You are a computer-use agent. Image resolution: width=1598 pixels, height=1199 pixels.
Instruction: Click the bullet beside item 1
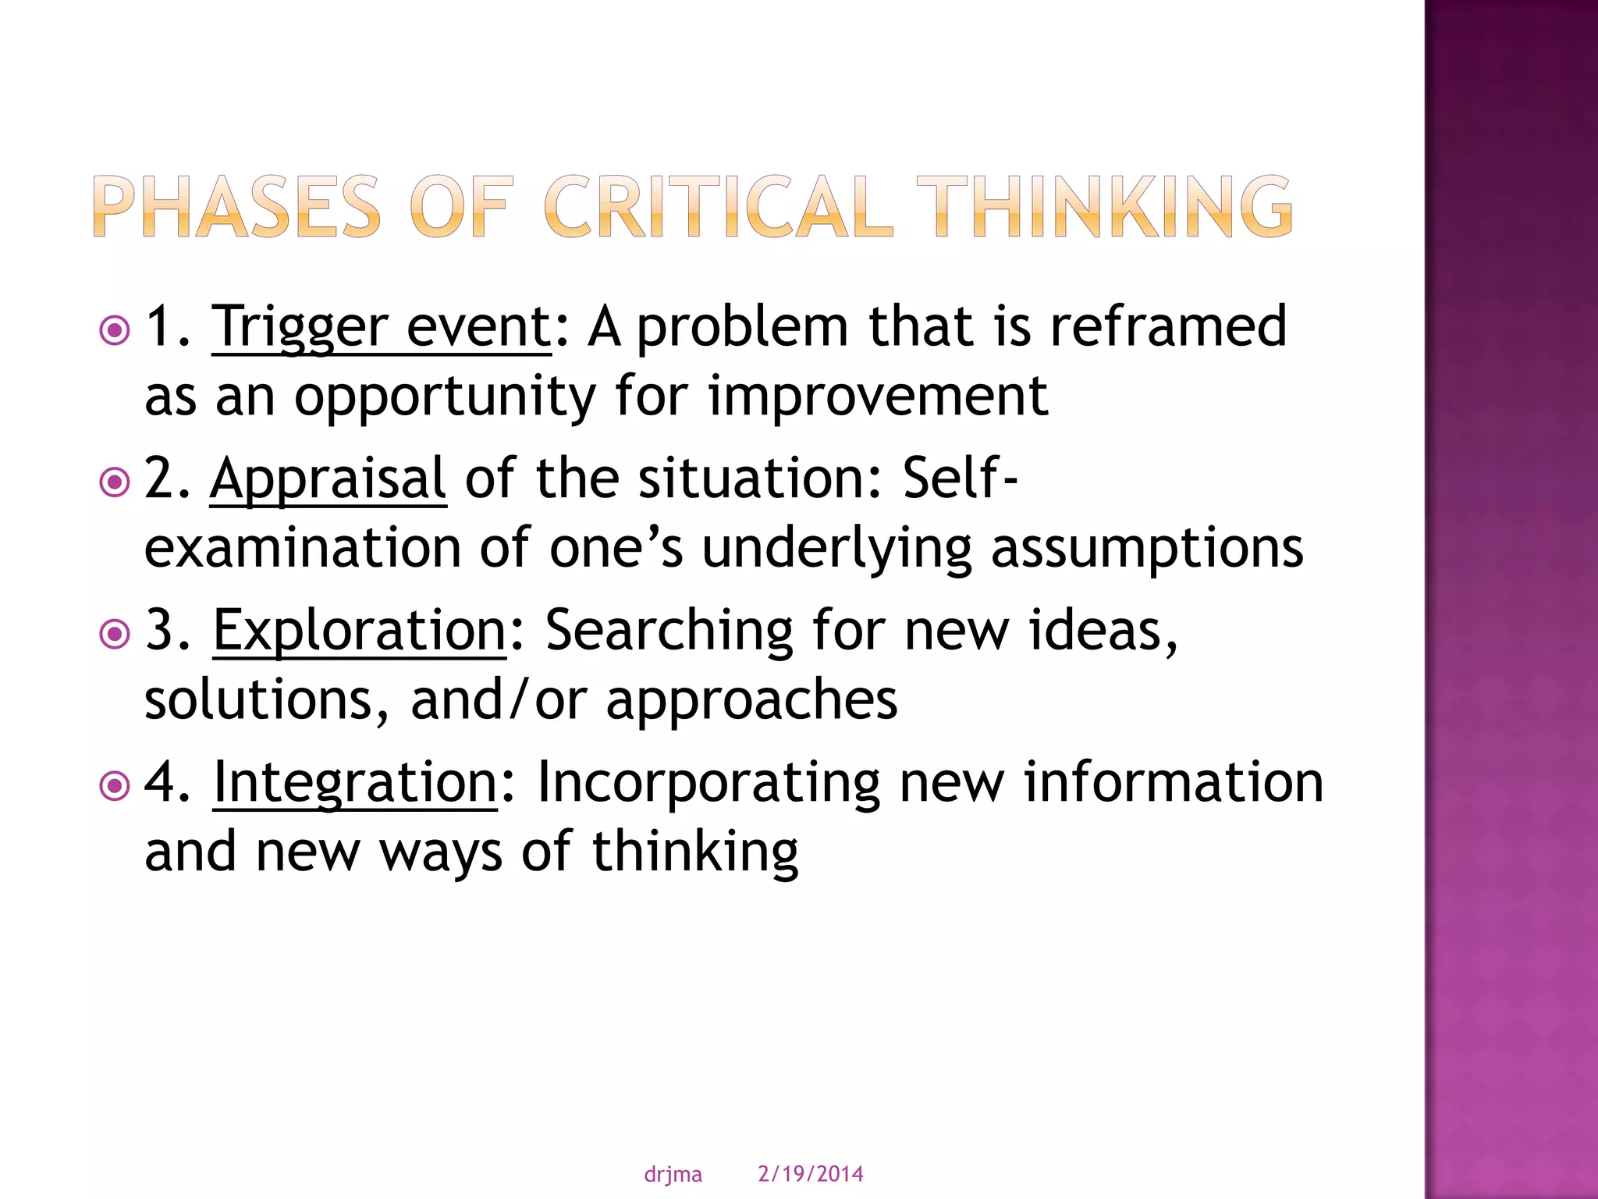[x=115, y=331]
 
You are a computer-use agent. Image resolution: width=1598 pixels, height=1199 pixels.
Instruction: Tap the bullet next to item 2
[x=115, y=482]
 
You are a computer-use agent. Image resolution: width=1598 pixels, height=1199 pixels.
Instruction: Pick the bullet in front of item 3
[x=115, y=634]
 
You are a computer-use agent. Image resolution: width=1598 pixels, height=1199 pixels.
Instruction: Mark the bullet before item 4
[x=115, y=786]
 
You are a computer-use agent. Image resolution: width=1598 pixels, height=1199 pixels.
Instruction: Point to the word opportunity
[x=445, y=397]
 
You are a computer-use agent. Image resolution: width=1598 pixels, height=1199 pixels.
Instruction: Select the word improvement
[x=878, y=396]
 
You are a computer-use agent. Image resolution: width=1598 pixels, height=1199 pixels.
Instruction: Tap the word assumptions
[x=1147, y=549]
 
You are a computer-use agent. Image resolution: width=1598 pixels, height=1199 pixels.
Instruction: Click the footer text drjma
[x=673, y=1174]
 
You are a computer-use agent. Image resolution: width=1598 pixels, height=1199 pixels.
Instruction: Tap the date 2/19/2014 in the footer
[x=811, y=1174]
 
